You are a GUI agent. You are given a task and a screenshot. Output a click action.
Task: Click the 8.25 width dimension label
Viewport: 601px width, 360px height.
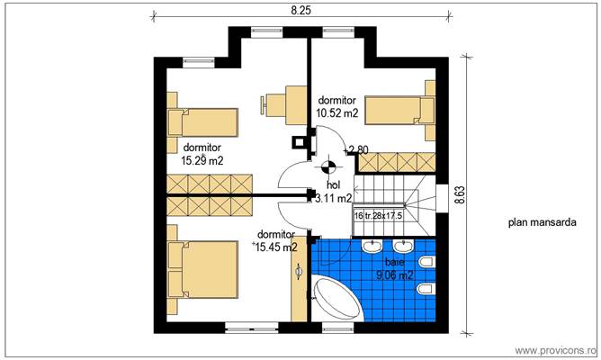[x=300, y=10]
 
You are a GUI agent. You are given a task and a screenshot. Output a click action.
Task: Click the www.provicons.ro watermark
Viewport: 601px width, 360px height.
[x=555, y=349]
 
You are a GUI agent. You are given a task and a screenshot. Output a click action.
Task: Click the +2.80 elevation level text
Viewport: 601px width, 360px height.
[x=355, y=149]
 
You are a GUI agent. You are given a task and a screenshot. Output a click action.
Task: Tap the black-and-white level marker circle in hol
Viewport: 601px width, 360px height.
[x=328, y=166]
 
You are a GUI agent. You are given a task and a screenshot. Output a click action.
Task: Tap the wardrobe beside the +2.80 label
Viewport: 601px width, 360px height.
[x=397, y=162]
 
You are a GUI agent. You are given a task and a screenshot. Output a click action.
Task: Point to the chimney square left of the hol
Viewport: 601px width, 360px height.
[x=298, y=140]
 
